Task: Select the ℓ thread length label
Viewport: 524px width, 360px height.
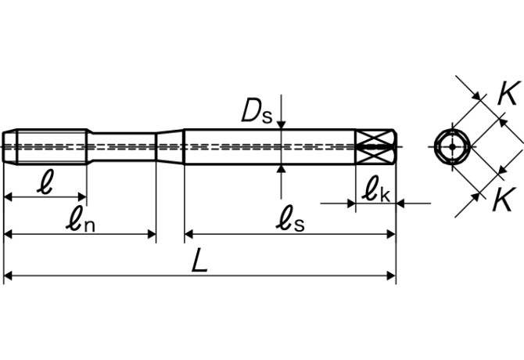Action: [46, 182]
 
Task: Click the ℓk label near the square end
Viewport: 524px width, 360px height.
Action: [375, 189]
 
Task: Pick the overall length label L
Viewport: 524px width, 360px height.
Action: [200, 261]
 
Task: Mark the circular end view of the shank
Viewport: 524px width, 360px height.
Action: [452, 146]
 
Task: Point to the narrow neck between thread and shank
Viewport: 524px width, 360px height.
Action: [125, 146]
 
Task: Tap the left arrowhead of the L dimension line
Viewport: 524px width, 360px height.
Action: [9, 275]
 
